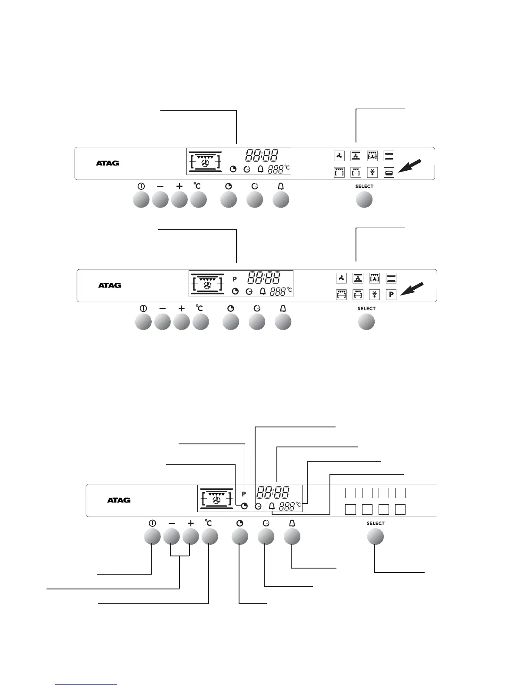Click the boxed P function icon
pos(391,295)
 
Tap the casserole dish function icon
pos(389,172)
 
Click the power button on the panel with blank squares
pos(152,537)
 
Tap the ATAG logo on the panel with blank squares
pos(119,500)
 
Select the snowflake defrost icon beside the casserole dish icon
pos(372,172)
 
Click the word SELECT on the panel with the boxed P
pos(366,309)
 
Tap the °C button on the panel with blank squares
pos(209,537)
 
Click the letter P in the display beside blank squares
pos(244,494)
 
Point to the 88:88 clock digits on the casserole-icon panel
pos(262,155)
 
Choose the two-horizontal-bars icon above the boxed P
pos(391,278)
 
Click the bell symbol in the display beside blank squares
pos(272,506)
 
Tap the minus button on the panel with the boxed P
pos(163,322)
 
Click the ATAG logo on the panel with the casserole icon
pos(107,163)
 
